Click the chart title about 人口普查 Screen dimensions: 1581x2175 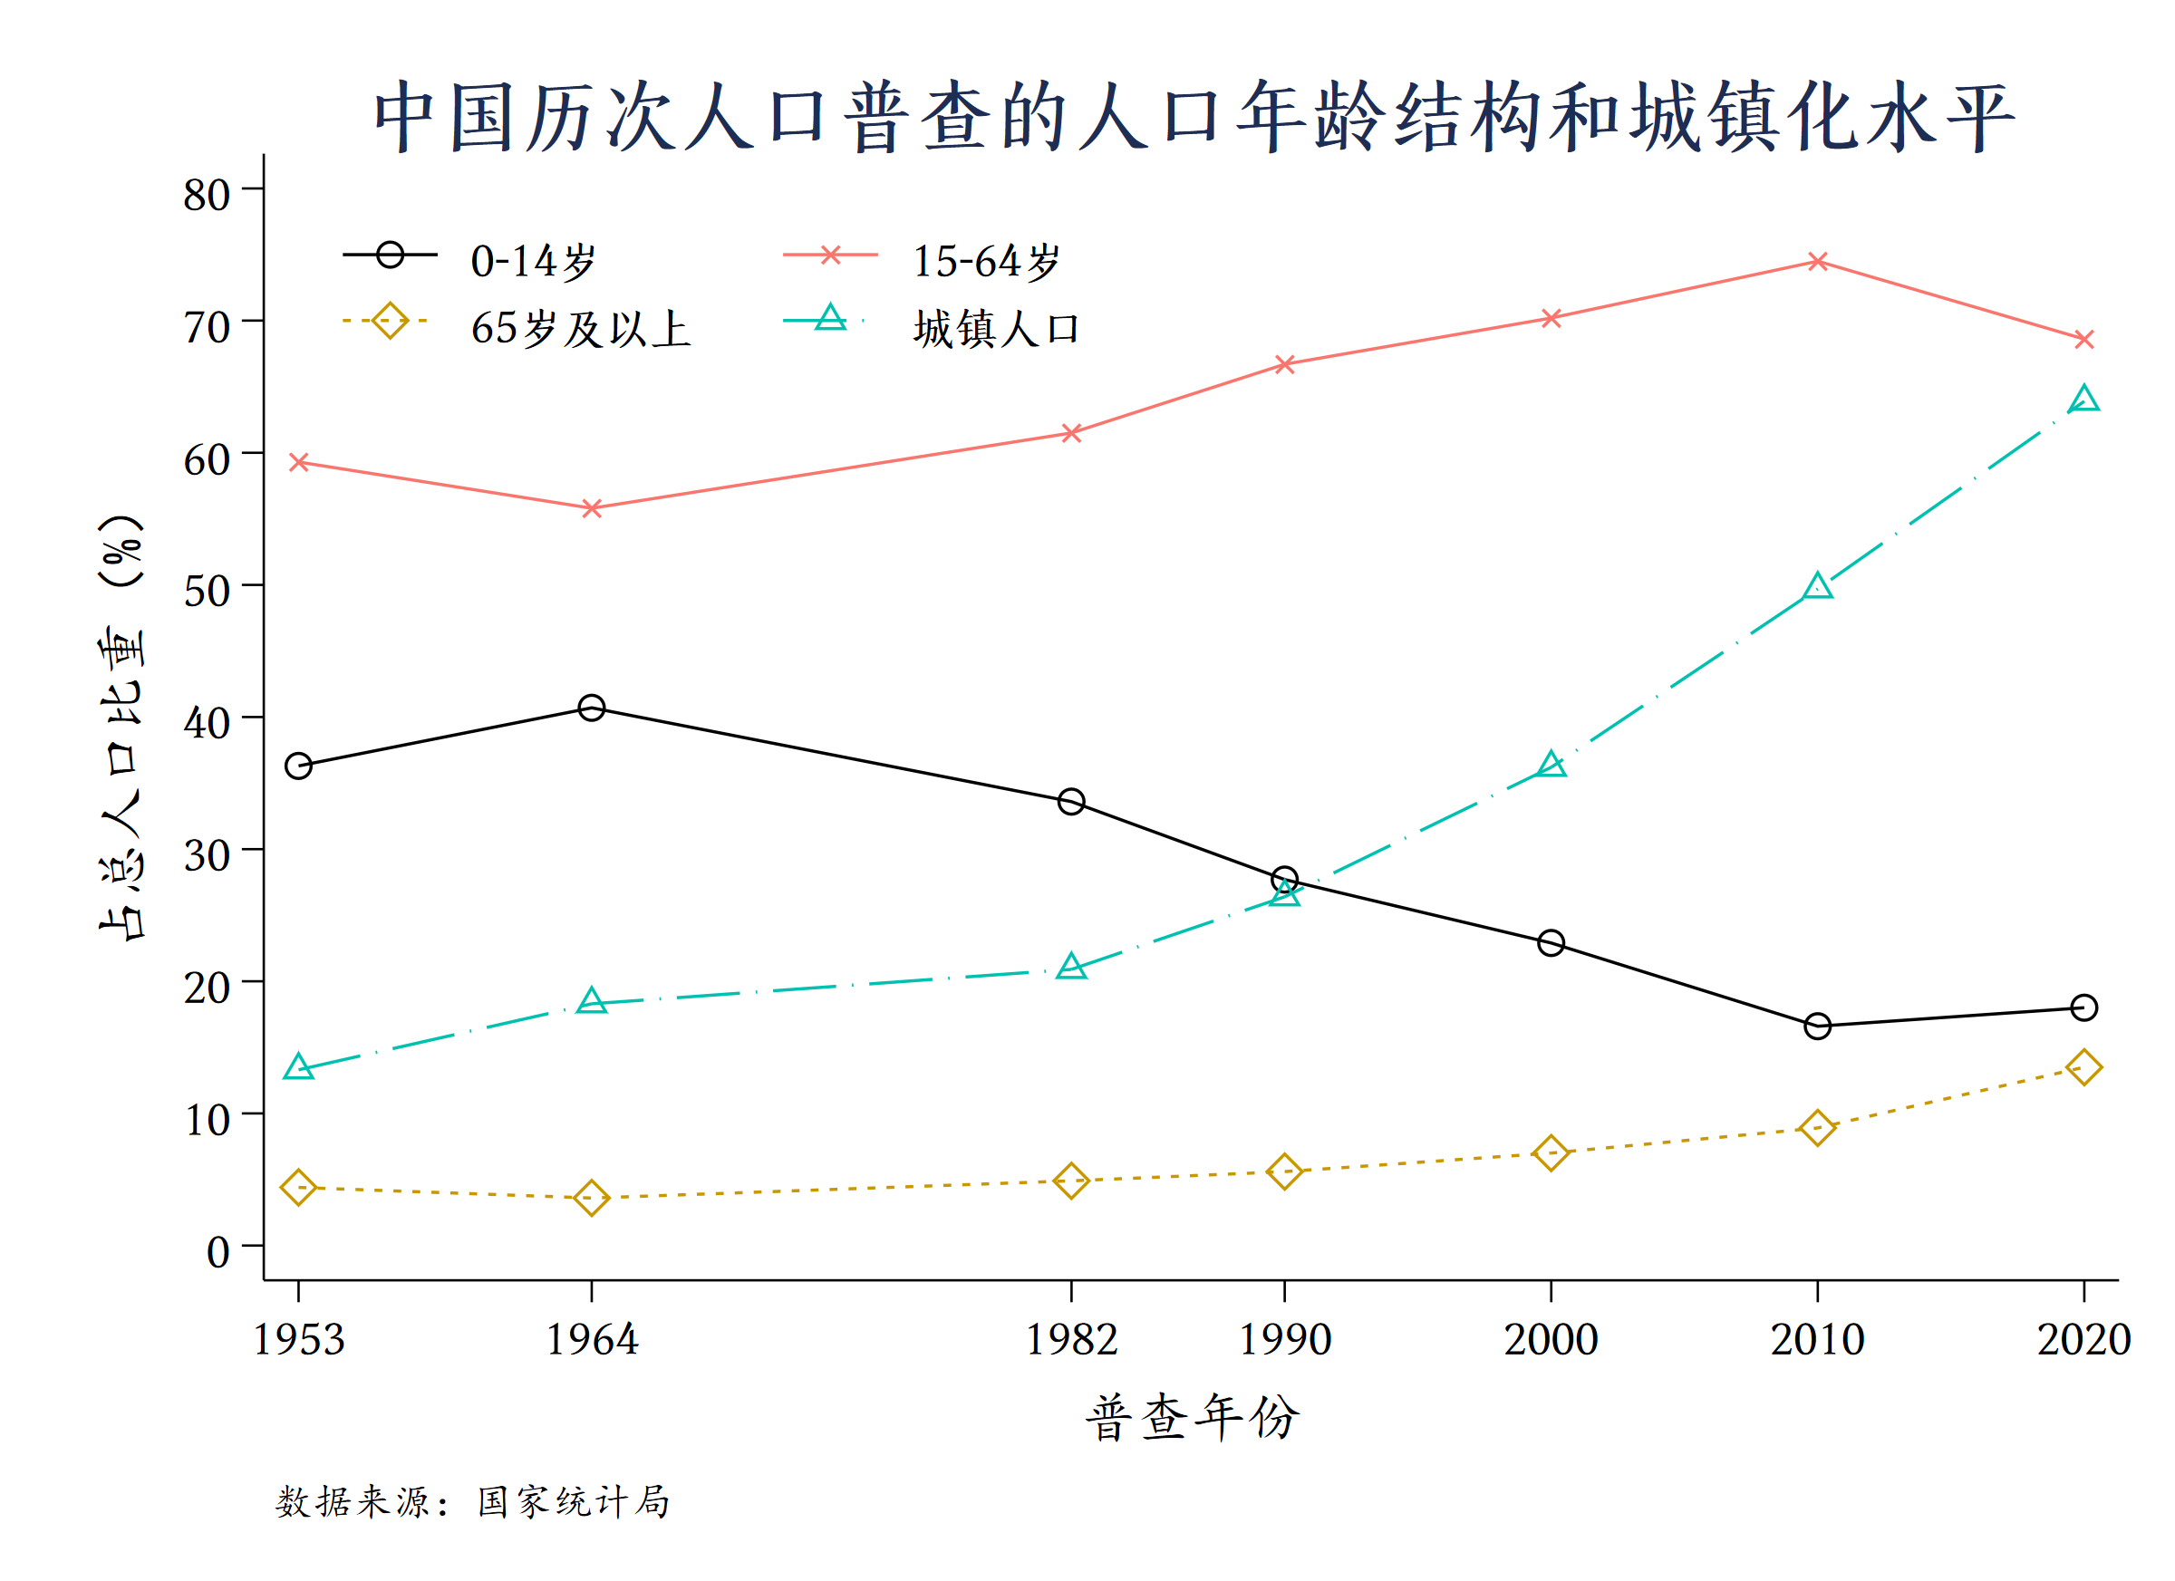tap(1193, 118)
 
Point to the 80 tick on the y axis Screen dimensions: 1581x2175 tap(207, 195)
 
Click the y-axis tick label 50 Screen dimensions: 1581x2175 tap(207, 591)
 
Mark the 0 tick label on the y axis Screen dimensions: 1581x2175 tap(217, 1251)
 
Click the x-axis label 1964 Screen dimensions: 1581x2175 tap(592, 1339)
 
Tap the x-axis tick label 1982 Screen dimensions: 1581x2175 tap(1071, 1339)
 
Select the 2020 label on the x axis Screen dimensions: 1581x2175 tap(2083, 1339)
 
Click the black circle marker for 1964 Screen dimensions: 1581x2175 tap(592, 708)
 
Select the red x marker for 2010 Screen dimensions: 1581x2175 tap(1817, 262)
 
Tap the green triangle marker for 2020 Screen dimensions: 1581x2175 tap(2083, 399)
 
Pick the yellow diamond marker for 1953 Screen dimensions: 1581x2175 tap(298, 1188)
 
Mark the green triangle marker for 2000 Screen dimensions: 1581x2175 tap(1551, 765)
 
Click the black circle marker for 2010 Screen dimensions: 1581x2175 tap(1817, 1027)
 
